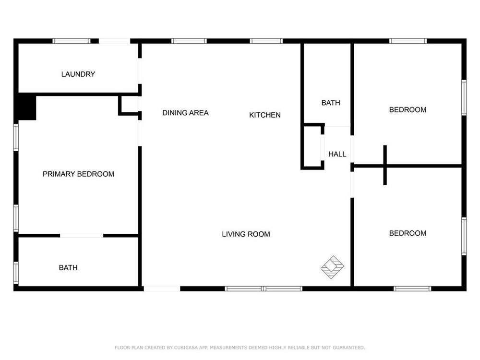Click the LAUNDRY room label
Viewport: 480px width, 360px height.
[x=78, y=74]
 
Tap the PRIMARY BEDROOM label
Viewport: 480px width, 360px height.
[x=78, y=174]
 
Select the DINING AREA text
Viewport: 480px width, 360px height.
[x=185, y=113]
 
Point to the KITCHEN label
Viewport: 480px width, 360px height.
[x=265, y=115]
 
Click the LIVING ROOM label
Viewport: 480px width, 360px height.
[x=246, y=234]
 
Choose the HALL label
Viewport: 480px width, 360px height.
[x=337, y=154]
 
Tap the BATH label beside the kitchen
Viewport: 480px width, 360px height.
[x=331, y=103]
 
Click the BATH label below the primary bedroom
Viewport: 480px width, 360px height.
[x=68, y=268]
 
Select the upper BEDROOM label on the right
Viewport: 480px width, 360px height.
[x=408, y=110]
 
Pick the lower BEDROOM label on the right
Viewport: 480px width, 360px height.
[x=408, y=233]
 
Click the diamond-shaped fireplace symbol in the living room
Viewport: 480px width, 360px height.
[x=332, y=267]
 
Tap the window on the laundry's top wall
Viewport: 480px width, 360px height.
[x=72, y=41]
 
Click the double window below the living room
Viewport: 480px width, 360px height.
[x=264, y=288]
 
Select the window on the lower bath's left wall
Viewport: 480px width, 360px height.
[x=16, y=273]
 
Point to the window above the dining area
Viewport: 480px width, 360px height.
[x=189, y=41]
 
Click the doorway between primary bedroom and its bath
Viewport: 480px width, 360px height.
[x=82, y=236]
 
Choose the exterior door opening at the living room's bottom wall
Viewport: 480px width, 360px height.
[x=162, y=288]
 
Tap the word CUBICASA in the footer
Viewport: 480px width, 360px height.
[x=186, y=348]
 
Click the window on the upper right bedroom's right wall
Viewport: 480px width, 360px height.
[x=464, y=97]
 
